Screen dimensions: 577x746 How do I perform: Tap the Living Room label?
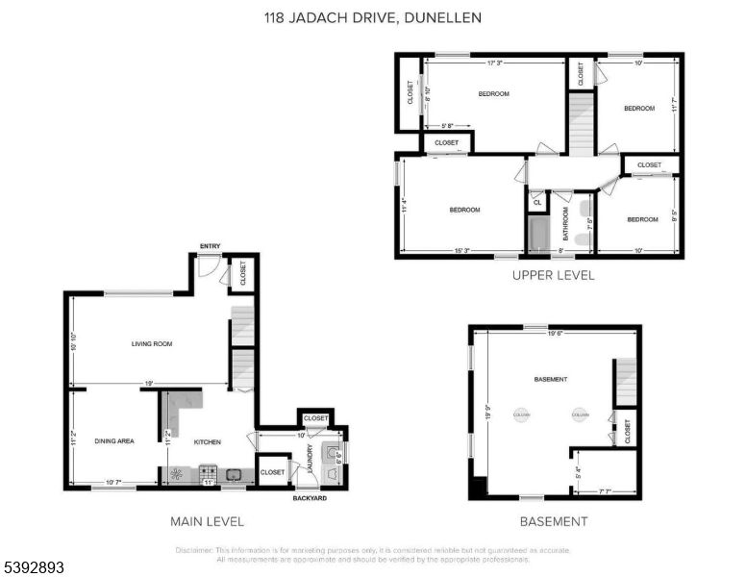pyautogui.click(x=152, y=343)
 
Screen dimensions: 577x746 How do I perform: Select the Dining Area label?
pyautogui.click(x=113, y=441)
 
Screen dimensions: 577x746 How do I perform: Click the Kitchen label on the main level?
pyautogui.click(x=208, y=441)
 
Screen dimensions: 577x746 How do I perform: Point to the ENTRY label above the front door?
pyautogui.click(x=210, y=247)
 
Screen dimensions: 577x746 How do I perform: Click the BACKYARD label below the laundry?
pyautogui.click(x=310, y=498)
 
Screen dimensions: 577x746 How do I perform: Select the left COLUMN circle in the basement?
pyautogui.click(x=522, y=415)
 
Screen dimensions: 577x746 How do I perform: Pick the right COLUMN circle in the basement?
pyautogui.click(x=579, y=415)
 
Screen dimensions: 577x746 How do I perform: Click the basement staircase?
pyautogui.click(x=626, y=382)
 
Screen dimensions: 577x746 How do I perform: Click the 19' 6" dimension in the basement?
pyautogui.click(x=554, y=335)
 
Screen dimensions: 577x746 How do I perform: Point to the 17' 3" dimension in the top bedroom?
pyautogui.click(x=496, y=63)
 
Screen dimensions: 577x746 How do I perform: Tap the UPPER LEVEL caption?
pyautogui.click(x=553, y=275)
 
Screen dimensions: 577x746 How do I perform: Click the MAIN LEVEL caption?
pyautogui.click(x=206, y=521)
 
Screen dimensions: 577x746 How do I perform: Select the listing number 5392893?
pyautogui.click(x=33, y=567)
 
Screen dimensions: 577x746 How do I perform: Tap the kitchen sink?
pyautogui.click(x=234, y=473)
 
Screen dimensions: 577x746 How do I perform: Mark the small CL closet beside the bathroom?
pyautogui.click(x=535, y=202)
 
